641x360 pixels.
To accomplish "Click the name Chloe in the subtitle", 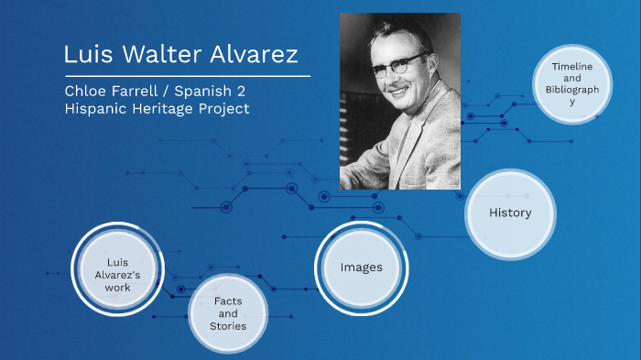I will coord(85,93).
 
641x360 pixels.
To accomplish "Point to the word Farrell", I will coord(145,93).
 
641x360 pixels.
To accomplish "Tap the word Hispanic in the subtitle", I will coord(96,109).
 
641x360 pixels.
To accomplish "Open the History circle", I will coord(510,213).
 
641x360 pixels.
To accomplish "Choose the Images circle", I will coord(361,267).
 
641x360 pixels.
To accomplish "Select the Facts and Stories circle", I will coord(228,313).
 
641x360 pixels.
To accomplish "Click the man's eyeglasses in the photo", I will coord(397,64).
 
